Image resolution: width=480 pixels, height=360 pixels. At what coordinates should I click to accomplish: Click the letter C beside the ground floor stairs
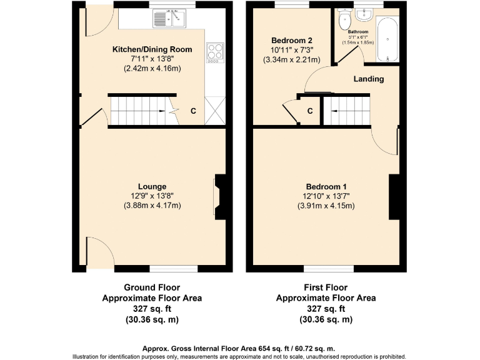193,111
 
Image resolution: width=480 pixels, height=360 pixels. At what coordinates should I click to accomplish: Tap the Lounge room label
152,186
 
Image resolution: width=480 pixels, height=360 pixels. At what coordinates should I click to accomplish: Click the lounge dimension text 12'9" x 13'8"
152,196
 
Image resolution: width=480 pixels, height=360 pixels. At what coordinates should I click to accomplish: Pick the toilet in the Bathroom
343,21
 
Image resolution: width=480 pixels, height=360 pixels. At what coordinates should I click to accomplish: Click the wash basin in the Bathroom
362,15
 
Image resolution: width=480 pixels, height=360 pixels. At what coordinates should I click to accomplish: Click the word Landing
369,79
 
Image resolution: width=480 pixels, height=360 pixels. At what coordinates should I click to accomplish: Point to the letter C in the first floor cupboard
309,112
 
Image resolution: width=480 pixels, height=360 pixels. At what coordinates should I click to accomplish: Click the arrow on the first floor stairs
334,111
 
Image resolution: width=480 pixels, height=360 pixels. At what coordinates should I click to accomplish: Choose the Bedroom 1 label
326,187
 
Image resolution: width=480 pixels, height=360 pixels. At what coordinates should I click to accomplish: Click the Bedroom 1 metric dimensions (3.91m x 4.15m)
326,206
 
